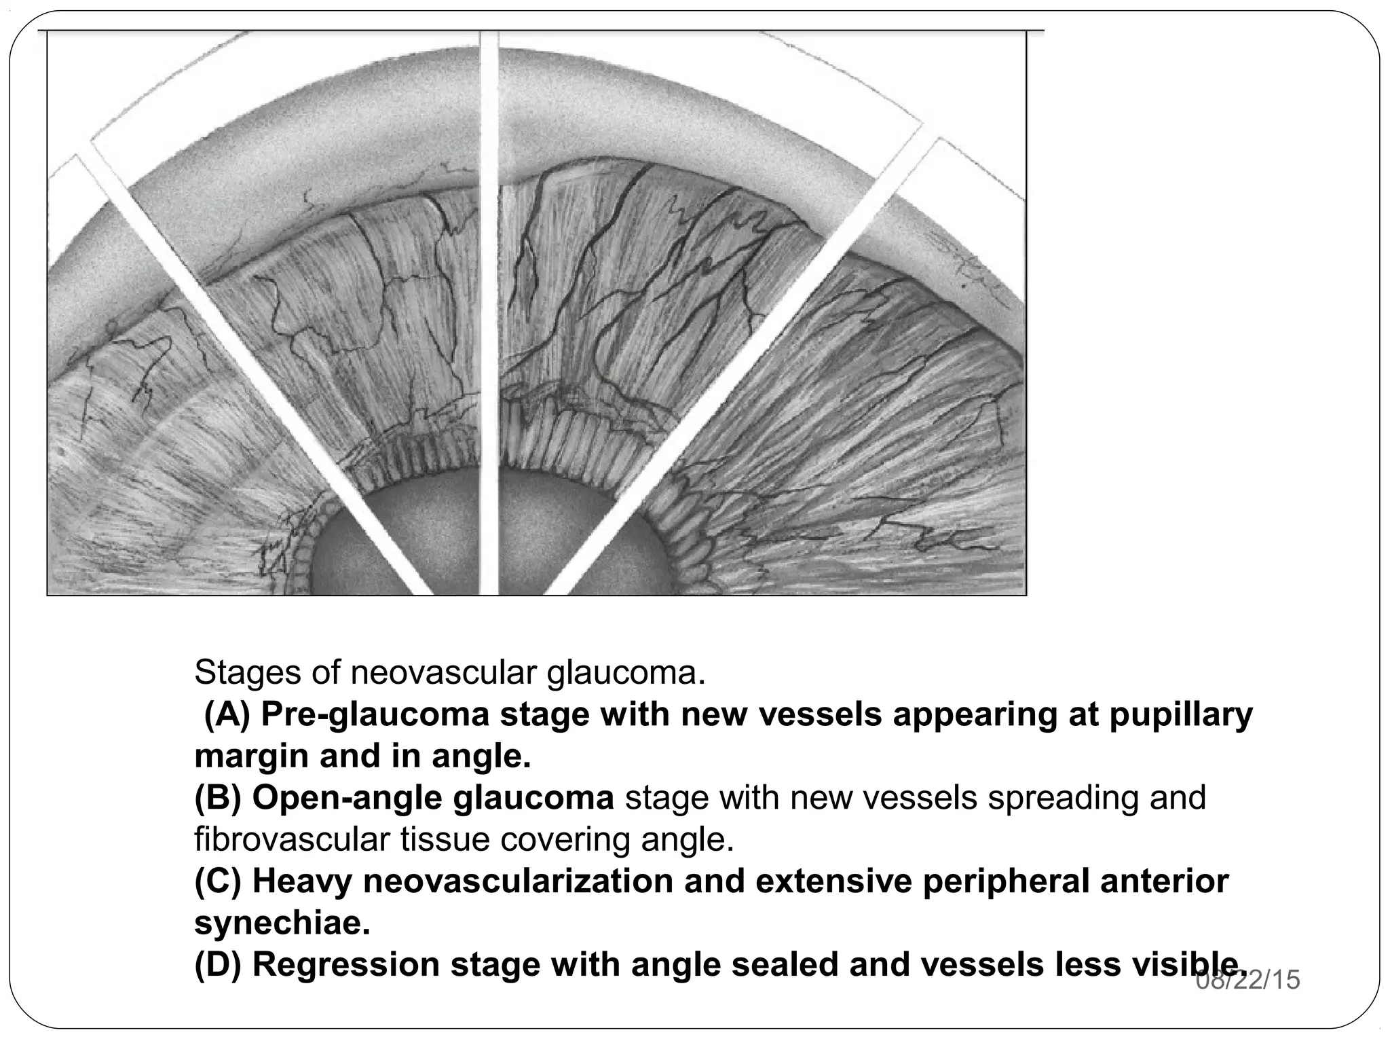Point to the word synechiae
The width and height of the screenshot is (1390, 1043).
pos(282,923)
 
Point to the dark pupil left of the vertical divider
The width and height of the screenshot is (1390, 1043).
pos(380,550)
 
